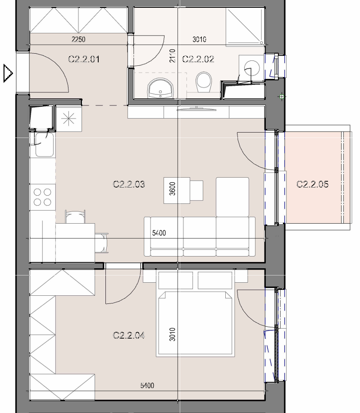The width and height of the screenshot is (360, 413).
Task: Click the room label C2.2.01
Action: click(x=84, y=59)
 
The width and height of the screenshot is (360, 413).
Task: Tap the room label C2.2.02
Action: click(x=198, y=59)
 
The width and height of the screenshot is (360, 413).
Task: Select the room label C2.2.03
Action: click(x=129, y=184)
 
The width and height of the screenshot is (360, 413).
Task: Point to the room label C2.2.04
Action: click(x=129, y=335)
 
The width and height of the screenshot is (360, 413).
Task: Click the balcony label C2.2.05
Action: click(x=312, y=184)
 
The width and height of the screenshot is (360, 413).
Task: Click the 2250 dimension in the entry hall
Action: click(x=78, y=39)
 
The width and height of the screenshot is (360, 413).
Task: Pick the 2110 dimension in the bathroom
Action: click(x=173, y=56)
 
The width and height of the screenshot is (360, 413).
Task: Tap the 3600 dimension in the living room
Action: click(x=173, y=188)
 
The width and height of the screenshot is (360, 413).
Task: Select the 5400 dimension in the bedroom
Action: click(x=147, y=385)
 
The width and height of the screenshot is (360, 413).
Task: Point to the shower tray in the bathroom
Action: click(x=245, y=27)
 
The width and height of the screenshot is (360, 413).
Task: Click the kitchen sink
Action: click(x=44, y=145)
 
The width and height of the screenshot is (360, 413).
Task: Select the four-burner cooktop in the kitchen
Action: click(x=42, y=197)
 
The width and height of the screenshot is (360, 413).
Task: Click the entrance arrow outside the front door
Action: click(x=8, y=73)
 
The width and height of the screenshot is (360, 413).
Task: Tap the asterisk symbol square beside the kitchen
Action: click(x=68, y=119)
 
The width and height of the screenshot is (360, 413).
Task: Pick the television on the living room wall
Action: click(x=196, y=108)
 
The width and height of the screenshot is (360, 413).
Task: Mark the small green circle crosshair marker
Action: click(x=282, y=96)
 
